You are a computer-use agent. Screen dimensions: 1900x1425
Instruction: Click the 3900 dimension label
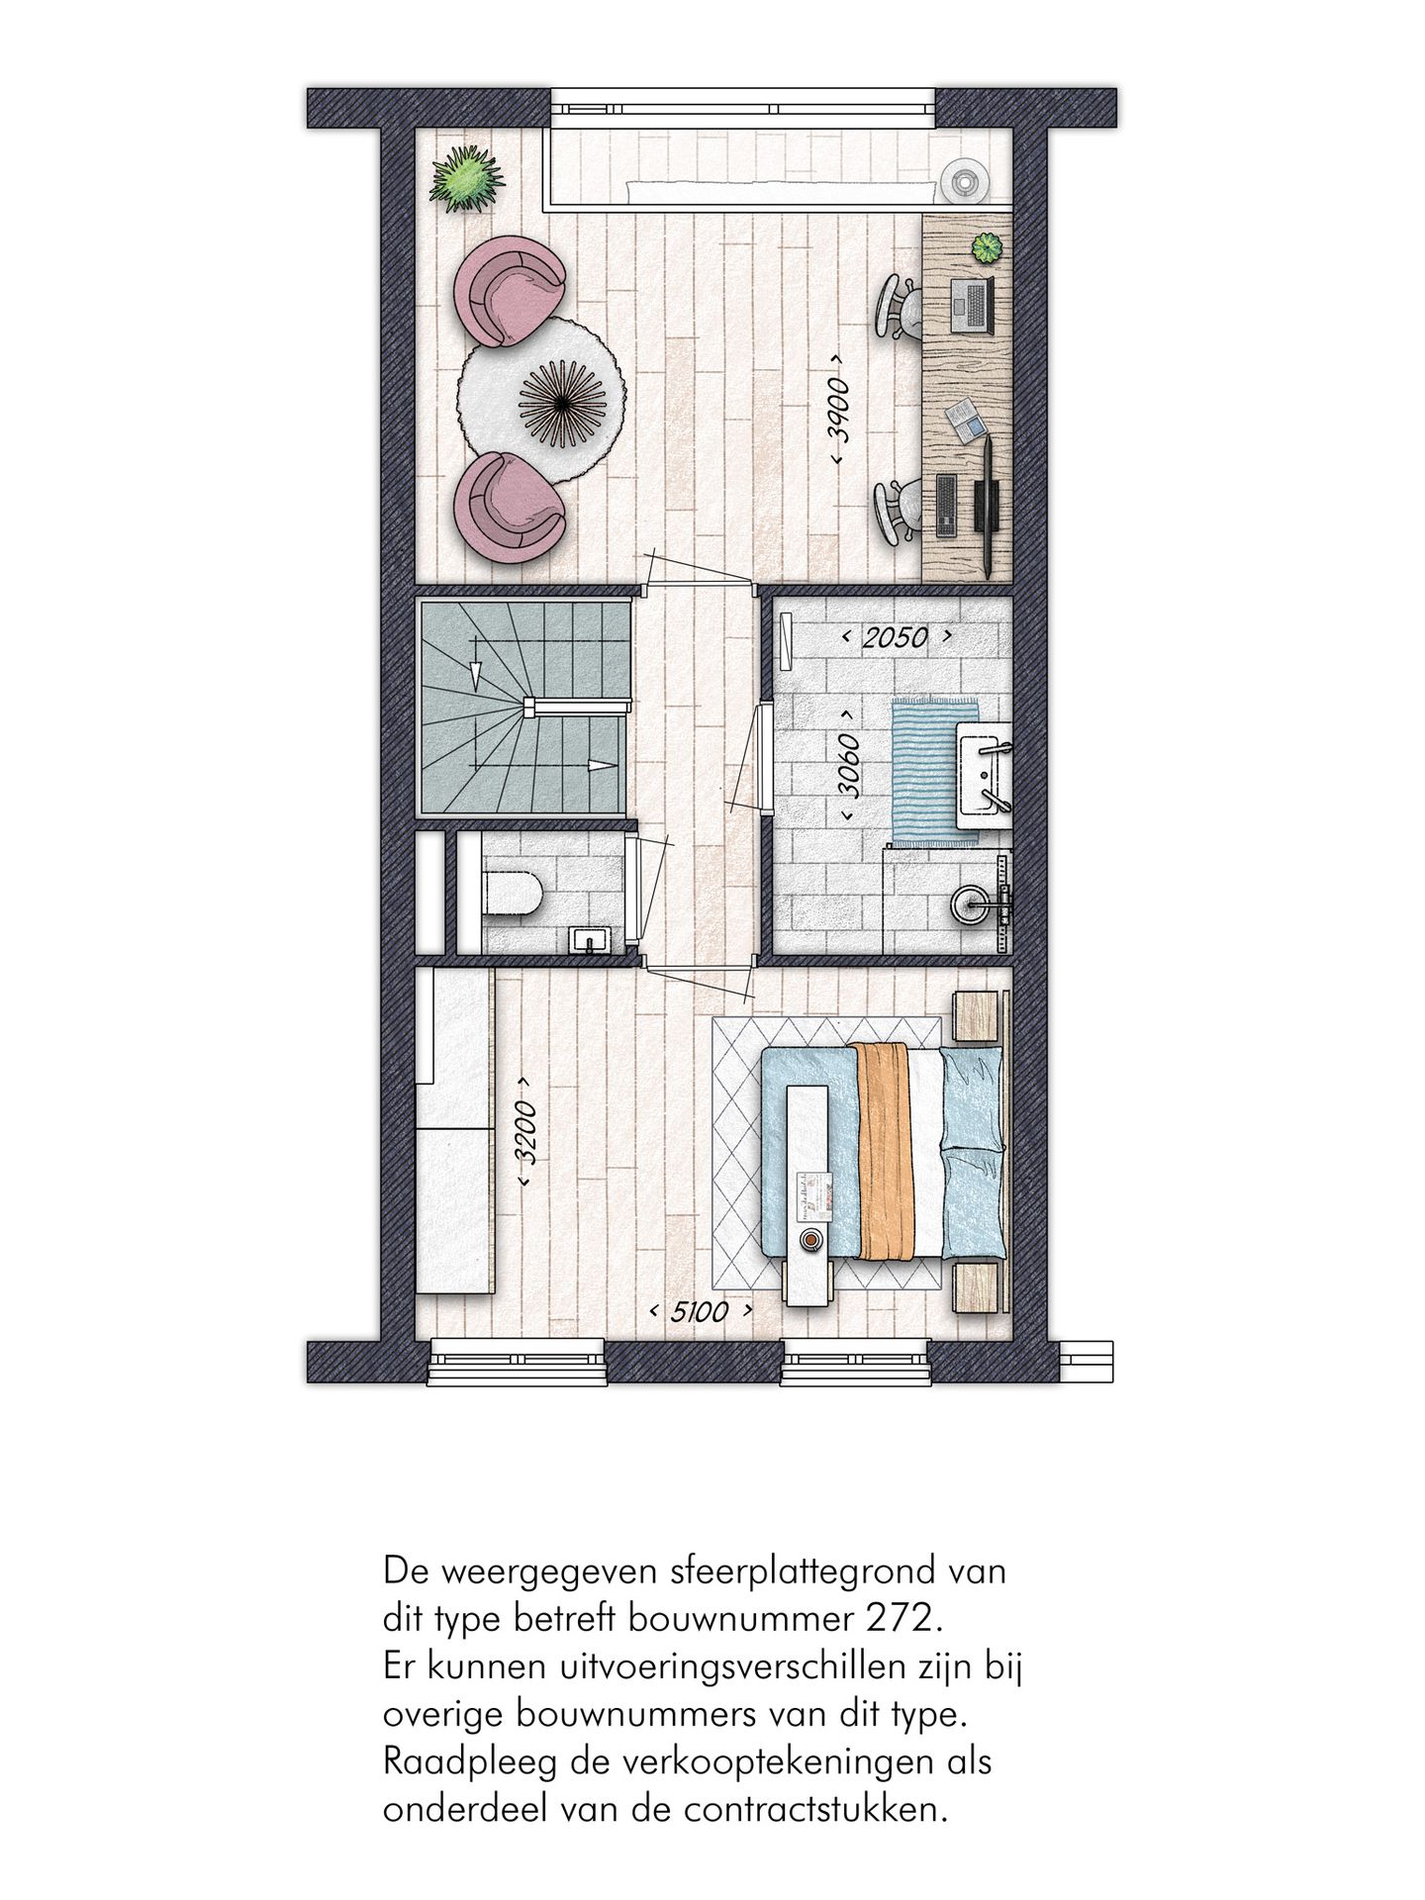pos(837,409)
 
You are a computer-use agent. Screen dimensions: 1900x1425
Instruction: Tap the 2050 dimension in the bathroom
pos(895,637)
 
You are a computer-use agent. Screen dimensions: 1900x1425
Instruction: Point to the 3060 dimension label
pos(849,764)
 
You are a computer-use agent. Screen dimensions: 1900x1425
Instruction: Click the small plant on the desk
pos(985,247)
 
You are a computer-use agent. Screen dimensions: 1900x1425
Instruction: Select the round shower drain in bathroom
pos(969,902)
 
